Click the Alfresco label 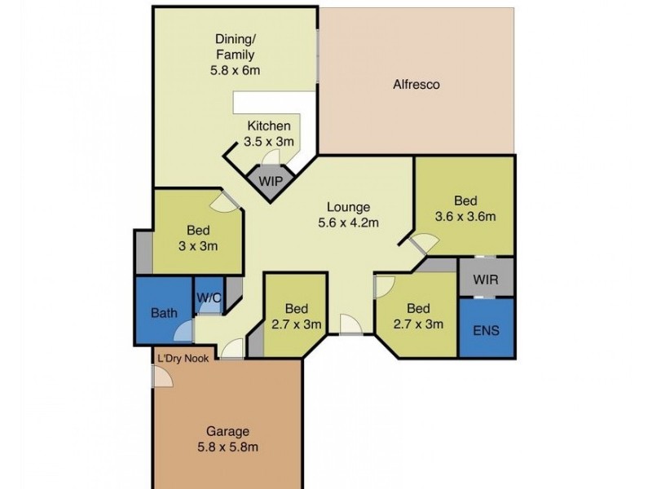pos(416,85)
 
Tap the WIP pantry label pos(271,181)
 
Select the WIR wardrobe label pos(485,279)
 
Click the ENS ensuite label pos(486,330)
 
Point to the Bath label pos(164,313)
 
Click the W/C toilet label pos(209,297)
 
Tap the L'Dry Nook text pos(183,359)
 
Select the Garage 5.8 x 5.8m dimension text pos(228,447)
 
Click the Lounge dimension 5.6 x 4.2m pos(348,222)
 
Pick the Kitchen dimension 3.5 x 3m pos(269,141)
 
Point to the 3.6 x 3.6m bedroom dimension pos(465,216)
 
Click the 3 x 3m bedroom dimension pos(198,246)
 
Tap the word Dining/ pos(236,39)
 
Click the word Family pos(236,55)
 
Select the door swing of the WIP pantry pos(271,156)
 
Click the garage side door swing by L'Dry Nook pos(162,377)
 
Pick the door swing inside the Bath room pos(184,331)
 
